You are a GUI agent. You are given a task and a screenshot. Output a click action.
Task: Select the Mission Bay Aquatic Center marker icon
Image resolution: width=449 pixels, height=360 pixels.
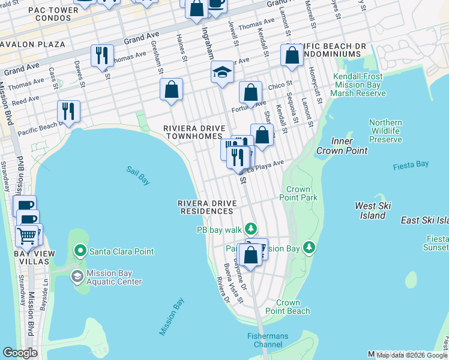(x=77, y=277)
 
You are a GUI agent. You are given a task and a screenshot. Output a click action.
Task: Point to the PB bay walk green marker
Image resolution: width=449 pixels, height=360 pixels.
(x=250, y=229)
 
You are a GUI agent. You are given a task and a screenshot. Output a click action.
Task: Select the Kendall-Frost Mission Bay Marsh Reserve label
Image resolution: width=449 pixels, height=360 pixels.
(x=358, y=85)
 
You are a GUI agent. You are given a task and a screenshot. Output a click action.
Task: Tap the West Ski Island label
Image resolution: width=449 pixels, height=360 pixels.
(x=373, y=211)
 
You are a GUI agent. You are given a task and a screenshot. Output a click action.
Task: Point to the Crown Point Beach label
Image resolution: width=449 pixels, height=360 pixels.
(x=292, y=307)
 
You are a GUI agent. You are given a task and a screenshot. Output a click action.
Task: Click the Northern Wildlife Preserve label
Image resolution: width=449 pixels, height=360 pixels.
(x=385, y=131)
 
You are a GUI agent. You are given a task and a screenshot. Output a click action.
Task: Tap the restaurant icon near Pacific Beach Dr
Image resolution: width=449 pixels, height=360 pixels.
(x=68, y=111)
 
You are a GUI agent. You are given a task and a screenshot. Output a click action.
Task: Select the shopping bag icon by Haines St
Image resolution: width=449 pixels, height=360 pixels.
(x=171, y=89)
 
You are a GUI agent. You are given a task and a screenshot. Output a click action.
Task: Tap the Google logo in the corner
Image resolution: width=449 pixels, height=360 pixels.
(x=20, y=353)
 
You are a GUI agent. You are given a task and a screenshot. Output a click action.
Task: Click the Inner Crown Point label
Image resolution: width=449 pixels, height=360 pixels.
(x=342, y=146)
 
